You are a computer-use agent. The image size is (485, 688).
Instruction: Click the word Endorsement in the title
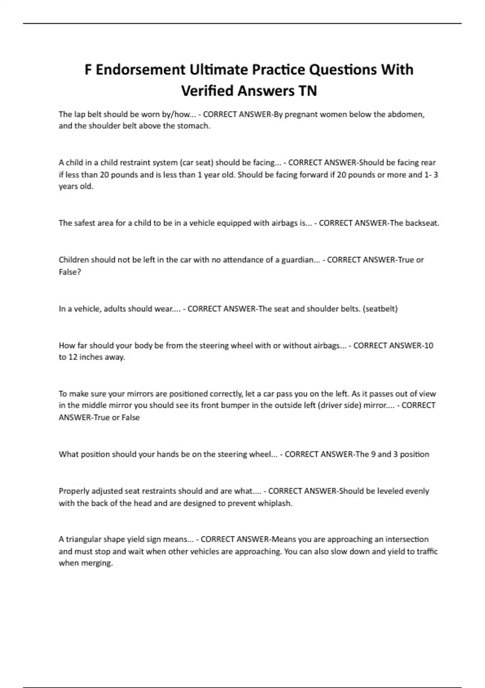(140, 70)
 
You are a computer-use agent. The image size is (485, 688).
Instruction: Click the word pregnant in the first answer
(301, 114)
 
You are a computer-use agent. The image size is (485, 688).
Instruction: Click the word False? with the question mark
(70, 272)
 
